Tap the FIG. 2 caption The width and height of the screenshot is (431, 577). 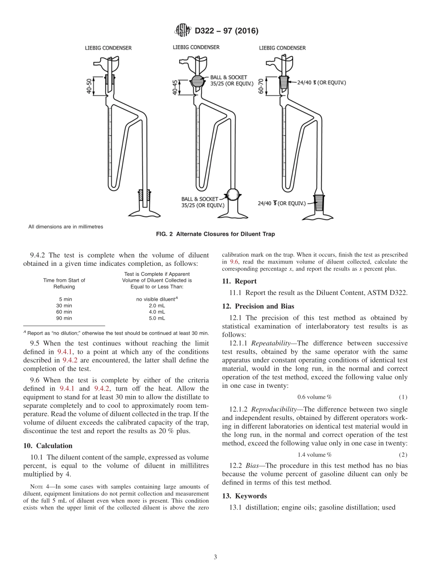[215, 235]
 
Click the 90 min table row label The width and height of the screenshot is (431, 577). [64, 318]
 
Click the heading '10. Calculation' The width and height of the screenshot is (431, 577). [48, 446]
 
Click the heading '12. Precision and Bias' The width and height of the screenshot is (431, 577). [258, 306]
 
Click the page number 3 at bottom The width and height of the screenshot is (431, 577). [215, 557]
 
